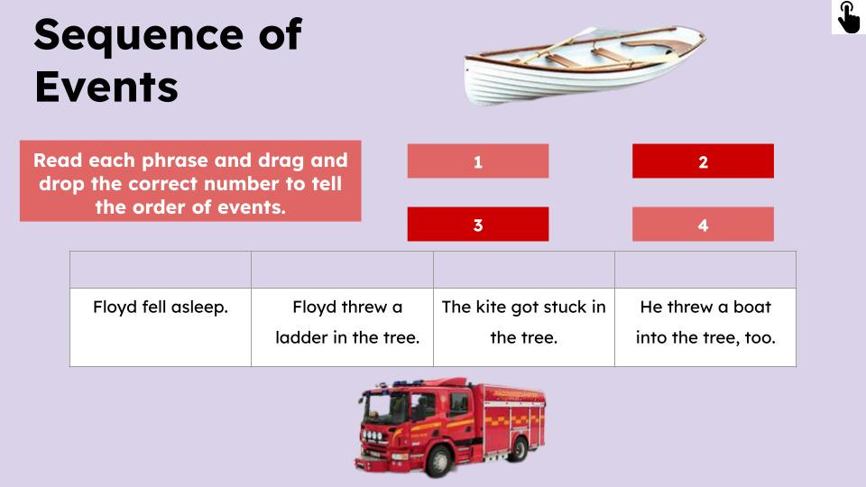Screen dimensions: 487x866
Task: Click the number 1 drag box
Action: point(477,161)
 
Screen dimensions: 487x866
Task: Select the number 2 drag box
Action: point(703,161)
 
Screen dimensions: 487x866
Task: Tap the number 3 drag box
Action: point(477,225)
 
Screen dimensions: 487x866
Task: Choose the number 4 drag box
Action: point(703,225)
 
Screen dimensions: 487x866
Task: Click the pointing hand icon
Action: point(848,17)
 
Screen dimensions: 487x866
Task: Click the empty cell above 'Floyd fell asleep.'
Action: point(161,270)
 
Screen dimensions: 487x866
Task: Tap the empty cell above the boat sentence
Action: point(705,270)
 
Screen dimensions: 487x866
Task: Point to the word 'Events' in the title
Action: point(106,87)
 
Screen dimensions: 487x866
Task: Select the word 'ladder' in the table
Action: point(302,338)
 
